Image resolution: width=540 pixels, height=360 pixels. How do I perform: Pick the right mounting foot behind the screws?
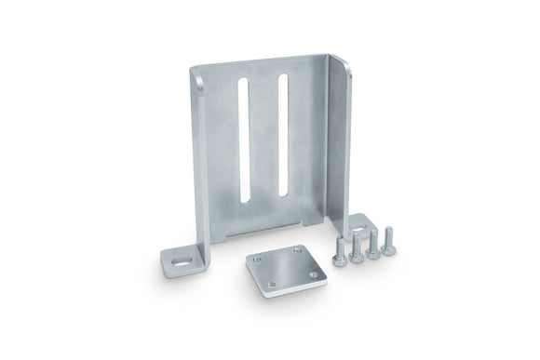[359, 223]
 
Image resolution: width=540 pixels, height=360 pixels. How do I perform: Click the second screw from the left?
[356, 247]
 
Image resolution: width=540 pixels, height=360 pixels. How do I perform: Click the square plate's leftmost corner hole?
[256, 260]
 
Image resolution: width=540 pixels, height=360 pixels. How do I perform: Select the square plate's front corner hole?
[270, 285]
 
